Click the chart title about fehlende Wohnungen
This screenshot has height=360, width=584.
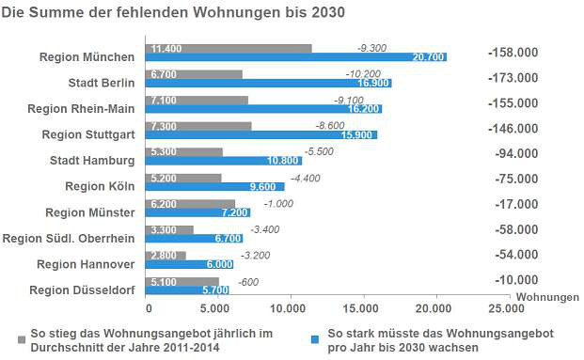(173, 13)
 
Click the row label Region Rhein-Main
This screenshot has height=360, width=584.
(81, 108)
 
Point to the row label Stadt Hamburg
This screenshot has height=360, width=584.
(91, 161)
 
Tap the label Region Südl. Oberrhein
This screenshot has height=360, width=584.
(69, 239)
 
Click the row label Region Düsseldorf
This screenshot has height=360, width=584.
(82, 290)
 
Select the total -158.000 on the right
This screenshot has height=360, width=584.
(513, 52)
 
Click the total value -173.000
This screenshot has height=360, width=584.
(513, 78)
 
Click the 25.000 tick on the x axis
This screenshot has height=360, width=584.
(504, 308)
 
